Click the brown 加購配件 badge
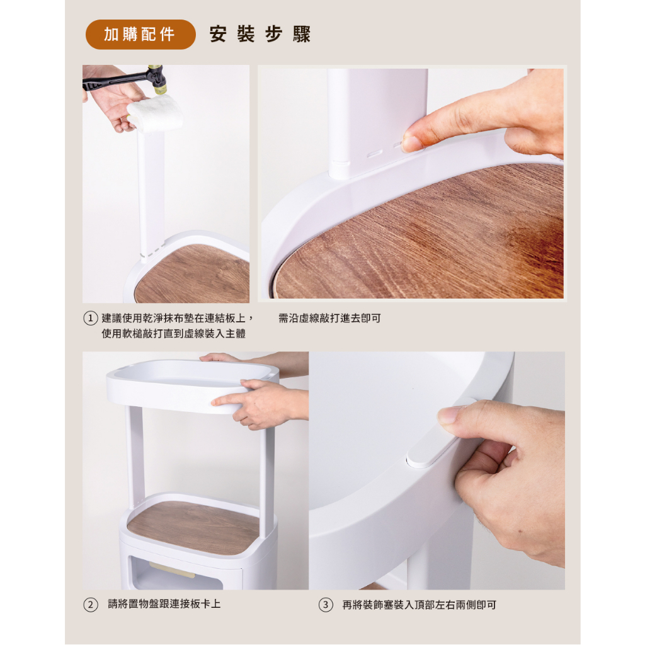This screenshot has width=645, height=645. pos(140,35)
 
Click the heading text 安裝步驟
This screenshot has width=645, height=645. pos(260,34)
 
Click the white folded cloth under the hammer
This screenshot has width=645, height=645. pos(155,113)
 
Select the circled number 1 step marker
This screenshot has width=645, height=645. pos(91,318)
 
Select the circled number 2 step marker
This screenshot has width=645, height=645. pos(91,605)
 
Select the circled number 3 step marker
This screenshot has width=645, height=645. pos(326,605)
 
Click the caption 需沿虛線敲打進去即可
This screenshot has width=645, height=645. pos(329,318)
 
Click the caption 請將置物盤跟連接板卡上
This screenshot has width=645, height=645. pos(164,604)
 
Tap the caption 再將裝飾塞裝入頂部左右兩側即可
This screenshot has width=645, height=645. pos(419,605)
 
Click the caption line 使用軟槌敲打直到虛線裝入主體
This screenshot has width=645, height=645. pos(174,334)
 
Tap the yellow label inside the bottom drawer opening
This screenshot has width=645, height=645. pos(172,570)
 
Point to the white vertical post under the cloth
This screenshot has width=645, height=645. pos(151,193)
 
